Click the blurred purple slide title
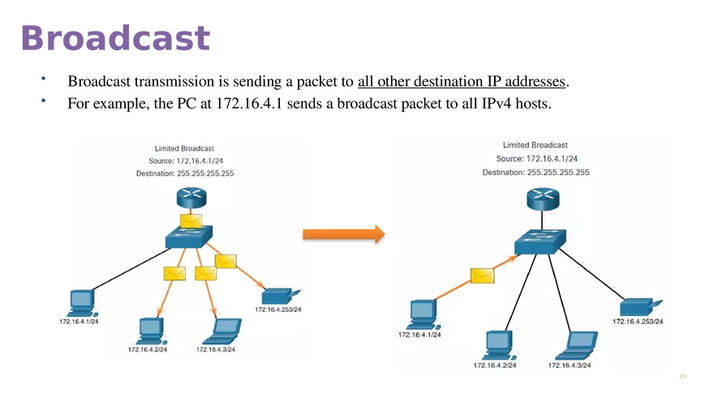[x=116, y=37]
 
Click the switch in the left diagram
[x=187, y=237]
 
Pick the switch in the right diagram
[x=539, y=241]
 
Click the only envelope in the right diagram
[x=483, y=275]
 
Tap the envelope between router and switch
[x=191, y=220]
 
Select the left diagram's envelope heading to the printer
[x=226, y=261]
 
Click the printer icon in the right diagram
[x=637, y=306]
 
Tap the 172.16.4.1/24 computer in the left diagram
[x=80, y=303]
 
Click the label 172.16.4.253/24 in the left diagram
[x=278, y=309]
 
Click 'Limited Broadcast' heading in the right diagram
[x=535, y=145]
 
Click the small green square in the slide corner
[x=682, y=375]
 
